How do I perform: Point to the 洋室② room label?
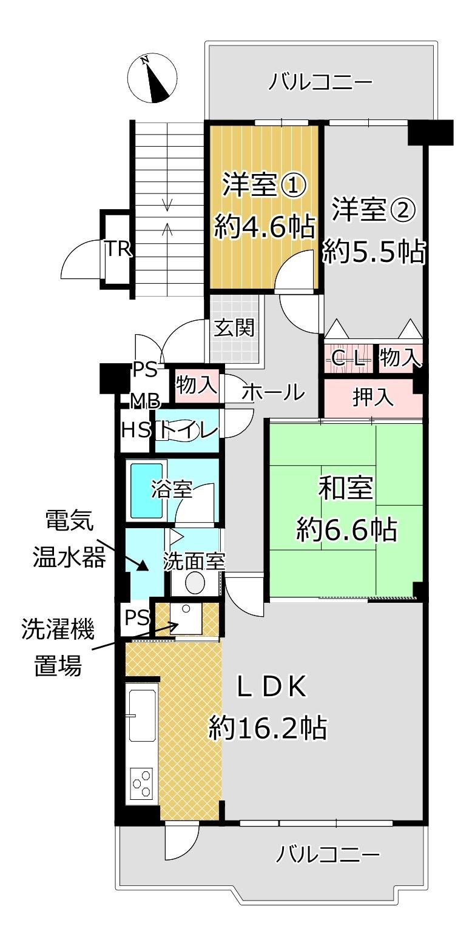[373, 212]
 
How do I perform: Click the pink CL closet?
[348, 358]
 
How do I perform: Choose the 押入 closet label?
[373, 398]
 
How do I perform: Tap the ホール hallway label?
[272, 393]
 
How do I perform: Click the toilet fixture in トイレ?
[173, 431]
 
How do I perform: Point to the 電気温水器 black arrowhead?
[143, 566]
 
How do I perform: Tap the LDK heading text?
[272, 687]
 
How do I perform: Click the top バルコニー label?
[321, 81]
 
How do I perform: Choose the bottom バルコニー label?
[328, 854]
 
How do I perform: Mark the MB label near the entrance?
[146, 401]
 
